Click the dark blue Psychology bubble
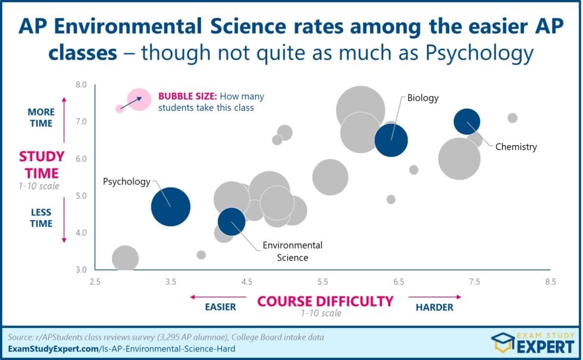click(x=171, y=207)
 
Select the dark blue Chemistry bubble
click(x=467, y=122)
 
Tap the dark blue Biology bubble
click(x=391, y=140)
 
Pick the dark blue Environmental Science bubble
click(x=231, y=221)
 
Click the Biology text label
click(x=422, y=98)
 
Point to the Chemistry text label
click(x=516, y=146)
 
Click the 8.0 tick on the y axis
click(x=80, y=85)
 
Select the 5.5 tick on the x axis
click(x=323, y=281)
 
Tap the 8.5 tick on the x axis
click(x=550, y=281)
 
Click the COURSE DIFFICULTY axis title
click(x=325, y=301)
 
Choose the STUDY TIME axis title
click(x=40, y=165)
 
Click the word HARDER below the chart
click(x=434, y=307)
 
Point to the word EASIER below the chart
click(x=220, y=307)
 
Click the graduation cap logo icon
click(x=503, y=343)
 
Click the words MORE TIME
click(x=40, y=118)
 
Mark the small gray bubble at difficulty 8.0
click(x=512, y=118)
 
